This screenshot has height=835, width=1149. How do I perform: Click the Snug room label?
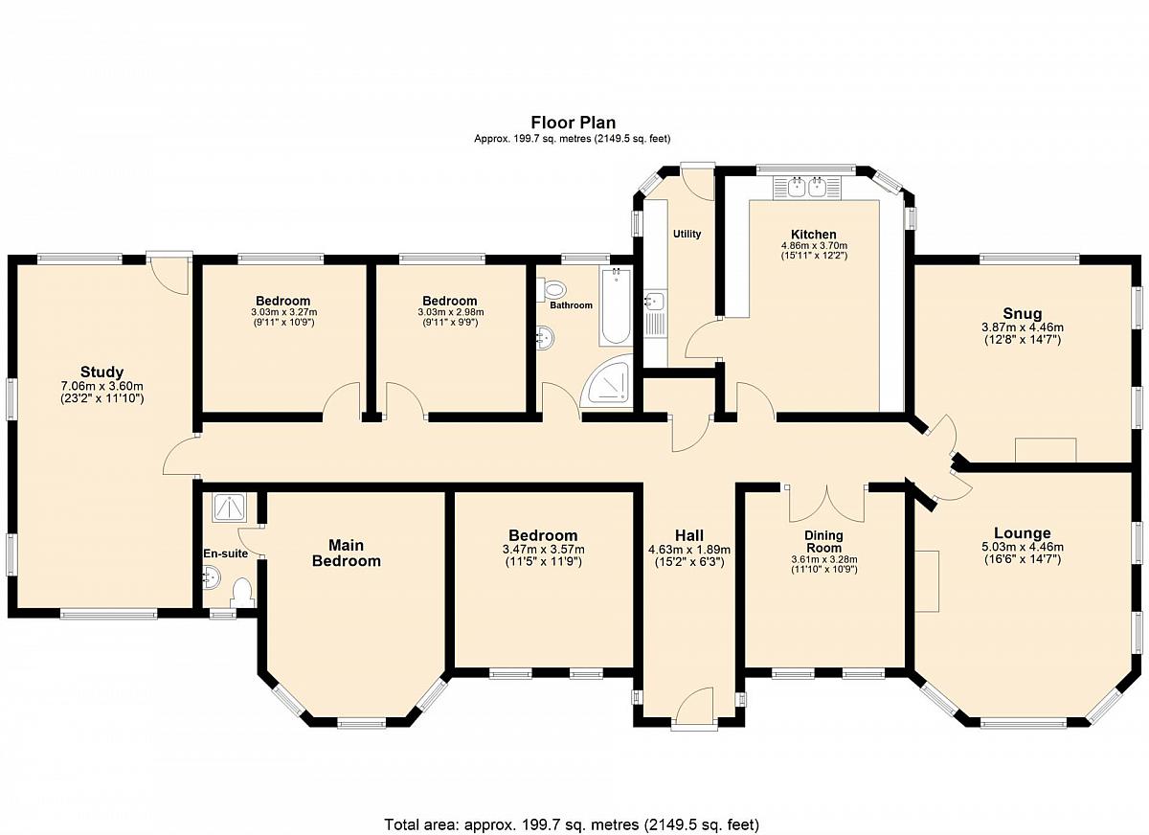tap(1023, 313)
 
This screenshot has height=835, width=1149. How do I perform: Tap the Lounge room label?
tap(1023, 533)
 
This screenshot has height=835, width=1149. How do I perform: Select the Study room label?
tap(102, 372)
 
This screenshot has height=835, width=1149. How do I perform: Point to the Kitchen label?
tap(814, 235)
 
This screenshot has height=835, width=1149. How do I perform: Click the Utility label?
tap(687, 234)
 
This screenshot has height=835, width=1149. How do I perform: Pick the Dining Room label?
tap(823, 542)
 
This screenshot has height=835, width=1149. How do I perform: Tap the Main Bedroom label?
tap(347, 553)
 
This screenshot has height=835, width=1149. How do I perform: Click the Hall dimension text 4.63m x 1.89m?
tap(689, 550)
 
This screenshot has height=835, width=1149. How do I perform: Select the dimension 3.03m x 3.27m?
tap(284, 312)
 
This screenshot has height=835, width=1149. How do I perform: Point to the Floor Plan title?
tap(573, 123)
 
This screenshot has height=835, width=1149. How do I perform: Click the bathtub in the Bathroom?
tap(615, 305)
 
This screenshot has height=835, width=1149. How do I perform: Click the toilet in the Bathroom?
tap(552, 290)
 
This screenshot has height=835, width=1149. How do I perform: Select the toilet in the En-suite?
tap(241, 594)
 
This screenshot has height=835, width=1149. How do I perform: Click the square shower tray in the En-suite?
tap(228, 508)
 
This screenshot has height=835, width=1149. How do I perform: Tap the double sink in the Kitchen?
tap(807, 188)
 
